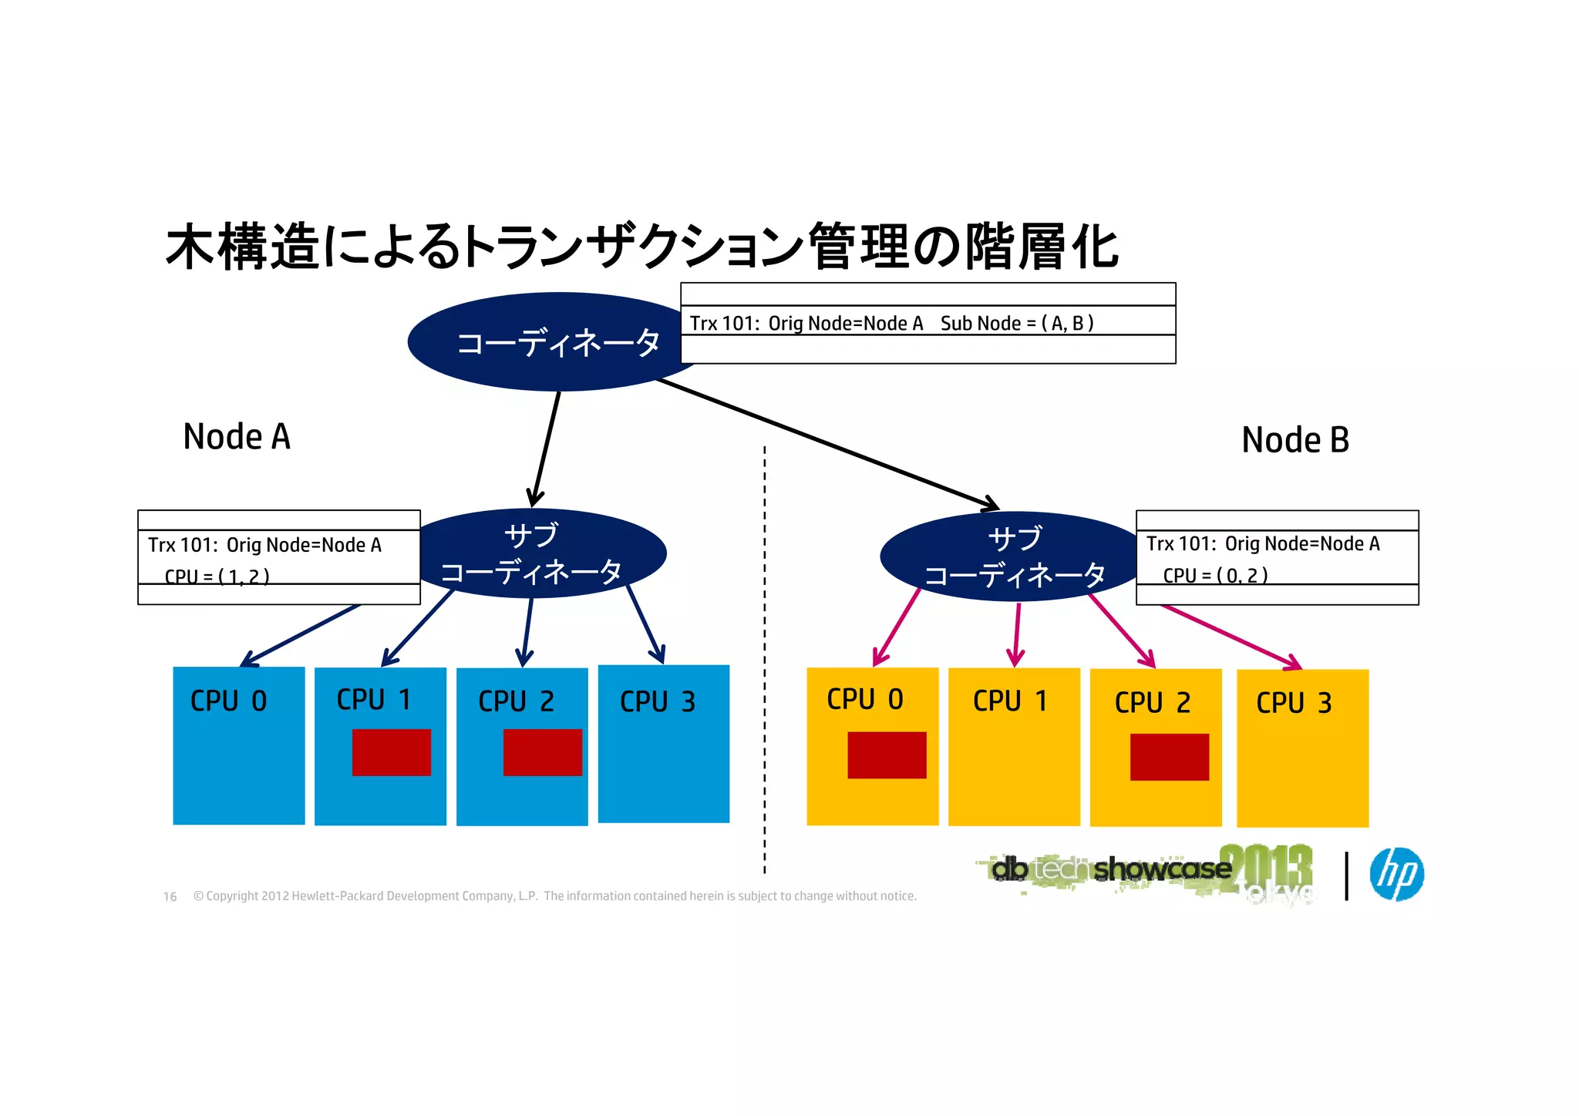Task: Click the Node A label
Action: pyautogui.click(x=237, y=437)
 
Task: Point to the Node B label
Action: pyautogui.click(x=1295, y=440)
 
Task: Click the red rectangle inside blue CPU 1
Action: pyautogui.click(x=391, y=752)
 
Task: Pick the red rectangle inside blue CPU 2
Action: pyautogui.click(x=542, y=752)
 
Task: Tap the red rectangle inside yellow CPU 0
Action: pyautogui.click(x=887, y=755)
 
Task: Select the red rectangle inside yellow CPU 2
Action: pyautogui.click(x=1169, y=757)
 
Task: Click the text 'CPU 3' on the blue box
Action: pyautogui.click(x=657, y=701)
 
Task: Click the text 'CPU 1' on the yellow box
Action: pyautogui.click(x=1009, y=701)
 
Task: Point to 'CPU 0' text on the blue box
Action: pyautogui.click(x=228, y=701)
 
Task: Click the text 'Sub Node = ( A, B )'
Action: pyautogui.click(x=1016, y=323)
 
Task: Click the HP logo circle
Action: pyautogui.click(x=1396, y=874)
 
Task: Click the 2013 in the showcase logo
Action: pyautogui.click(x=1265, y=867)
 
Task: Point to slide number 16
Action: pyautogui.click(x=170, y=896)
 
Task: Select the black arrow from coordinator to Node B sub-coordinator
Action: pyautogui.click(x=829, y=445)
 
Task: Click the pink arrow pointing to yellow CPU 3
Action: pyautogui.click(x=1231, y=637)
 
